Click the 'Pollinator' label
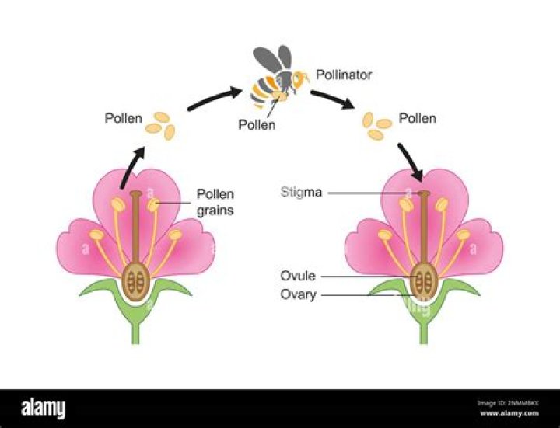(345, 75)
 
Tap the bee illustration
(272, 85)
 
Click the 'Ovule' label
(299, 276)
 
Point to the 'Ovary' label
(299, 294)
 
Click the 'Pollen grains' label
(215, 202)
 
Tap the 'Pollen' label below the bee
(257, 124)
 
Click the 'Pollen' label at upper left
(124, 118)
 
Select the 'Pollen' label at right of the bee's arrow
(418, 118)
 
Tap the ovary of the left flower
(136, 282)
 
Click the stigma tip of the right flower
(424, 193)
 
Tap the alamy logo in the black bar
(44, 408)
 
